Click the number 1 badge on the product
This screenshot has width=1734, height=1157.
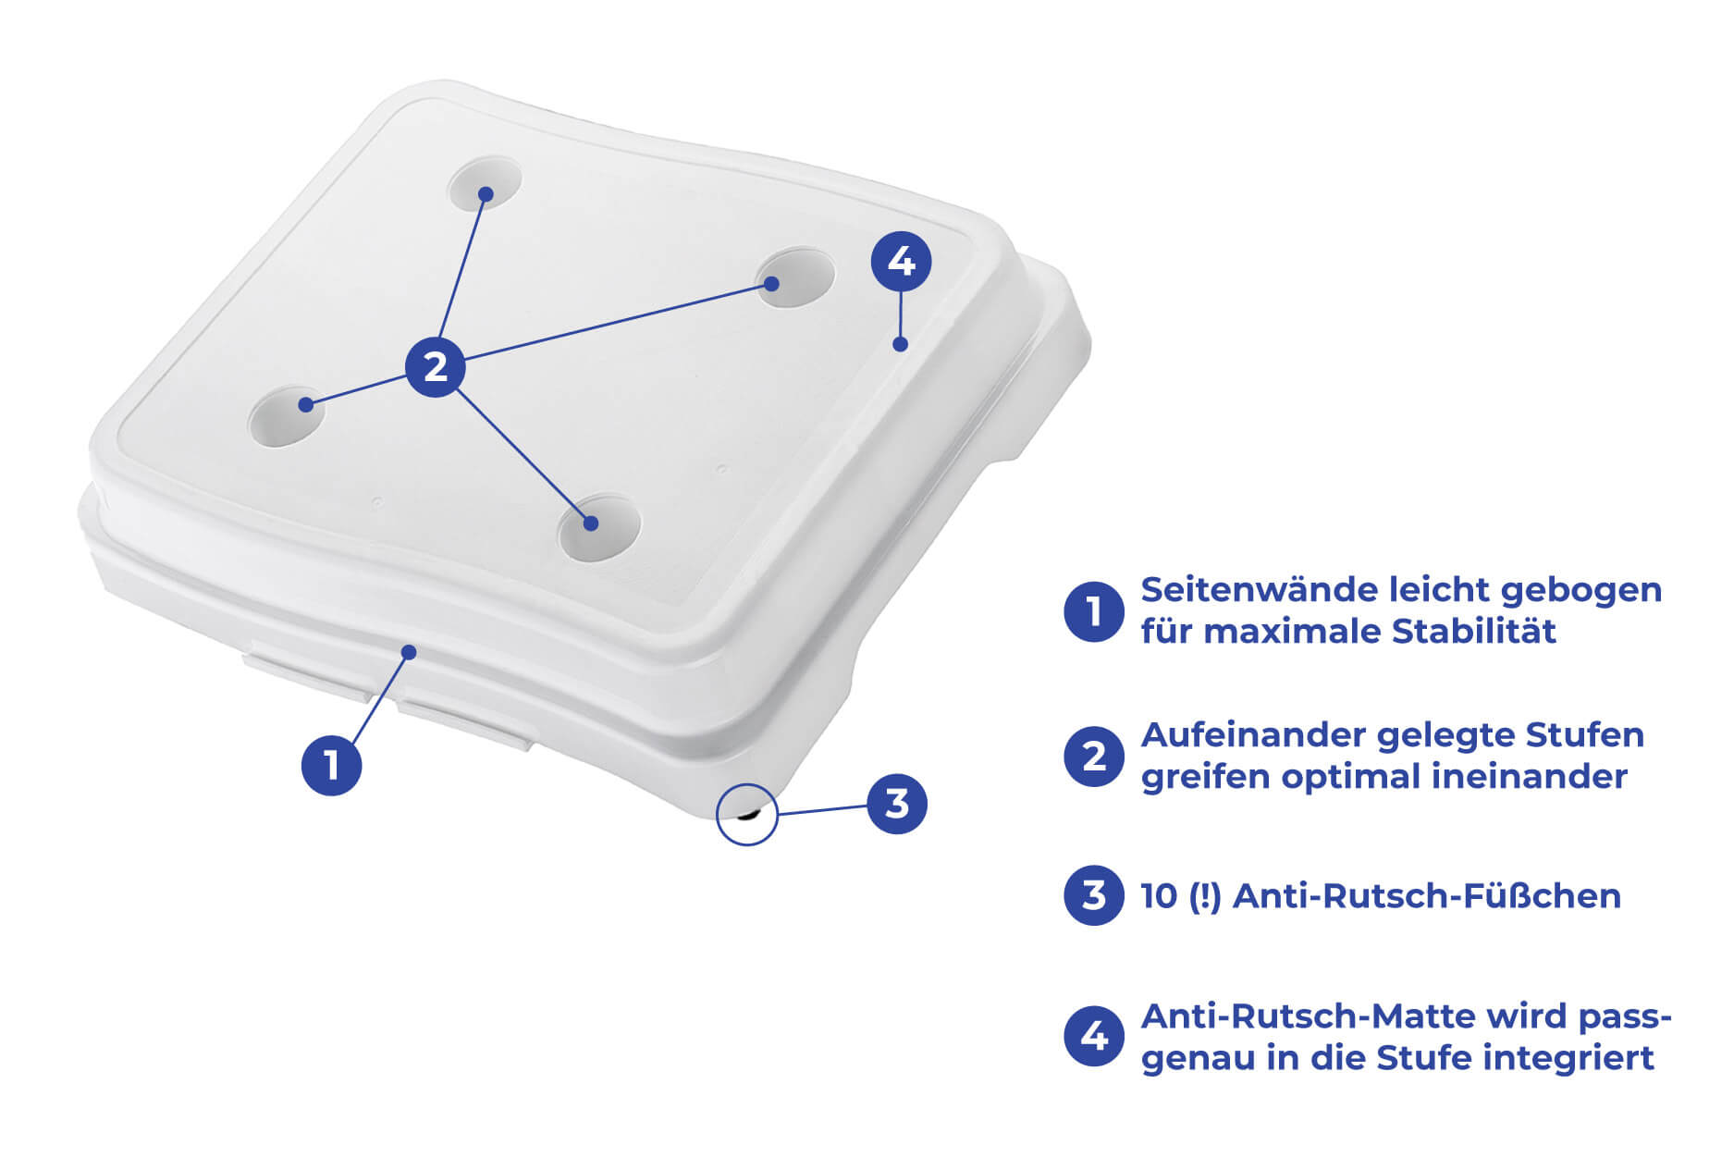pos(331,766)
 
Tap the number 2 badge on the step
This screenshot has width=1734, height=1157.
pos(436,367)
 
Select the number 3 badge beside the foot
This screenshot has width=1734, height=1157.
pos(897,804)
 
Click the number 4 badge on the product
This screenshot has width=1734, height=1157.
pos(902,262)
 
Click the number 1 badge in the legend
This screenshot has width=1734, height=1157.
pos(1094,611)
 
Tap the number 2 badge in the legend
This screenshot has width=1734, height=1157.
pos(1094,757)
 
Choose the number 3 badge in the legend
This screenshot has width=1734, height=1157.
pos(1094,895)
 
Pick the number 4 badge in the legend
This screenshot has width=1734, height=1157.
pos(1094,1036)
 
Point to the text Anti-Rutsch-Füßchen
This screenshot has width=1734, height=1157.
pos(1427,895)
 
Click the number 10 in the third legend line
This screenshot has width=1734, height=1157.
pos(1159,896)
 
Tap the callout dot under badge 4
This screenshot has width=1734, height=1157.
pos(900,344)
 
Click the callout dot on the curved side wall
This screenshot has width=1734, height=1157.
pos(410,652)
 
